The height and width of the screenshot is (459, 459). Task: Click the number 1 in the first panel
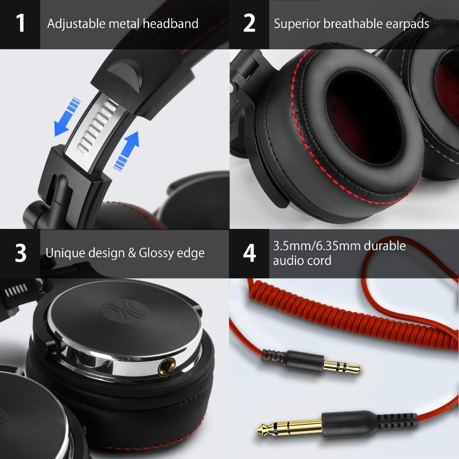pyautogui.click(x=21, y=24)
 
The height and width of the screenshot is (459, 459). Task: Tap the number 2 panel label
pyautogui.click(x=249, y=24)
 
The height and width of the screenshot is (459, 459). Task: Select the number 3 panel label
pyautogui.click(x=21, y=253)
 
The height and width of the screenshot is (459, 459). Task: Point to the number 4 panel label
pyautogui.click(x=249, y=253)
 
